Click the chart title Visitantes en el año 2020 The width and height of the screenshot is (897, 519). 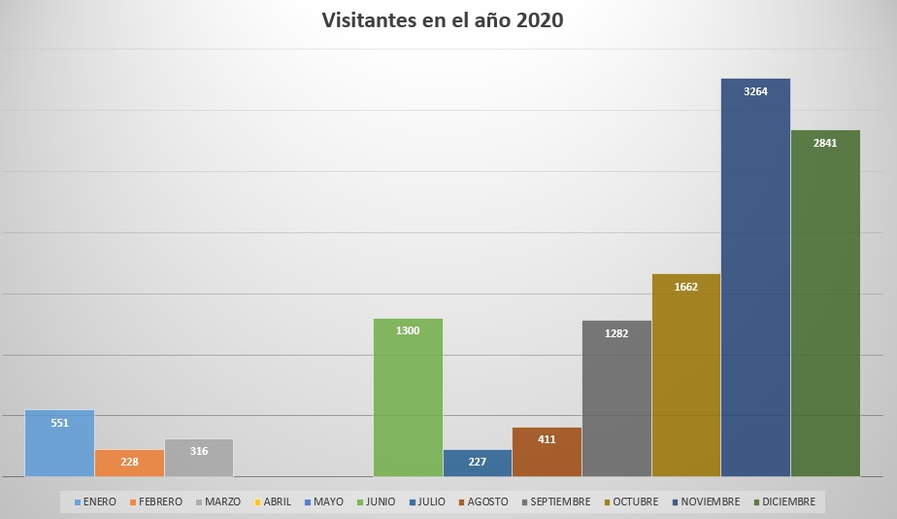(x=443, y=20)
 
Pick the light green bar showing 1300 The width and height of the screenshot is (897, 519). (x=408, y=398)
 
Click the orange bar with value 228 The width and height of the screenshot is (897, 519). (x=129, y=463)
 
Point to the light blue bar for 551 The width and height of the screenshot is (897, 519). (x=59, y=443)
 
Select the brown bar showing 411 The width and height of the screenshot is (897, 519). (x=547, y=452)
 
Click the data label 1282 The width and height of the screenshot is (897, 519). (x=616, y=333)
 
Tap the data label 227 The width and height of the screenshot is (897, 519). (x=477, y=462)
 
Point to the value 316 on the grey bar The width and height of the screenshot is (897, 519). (x=199, y=451)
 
